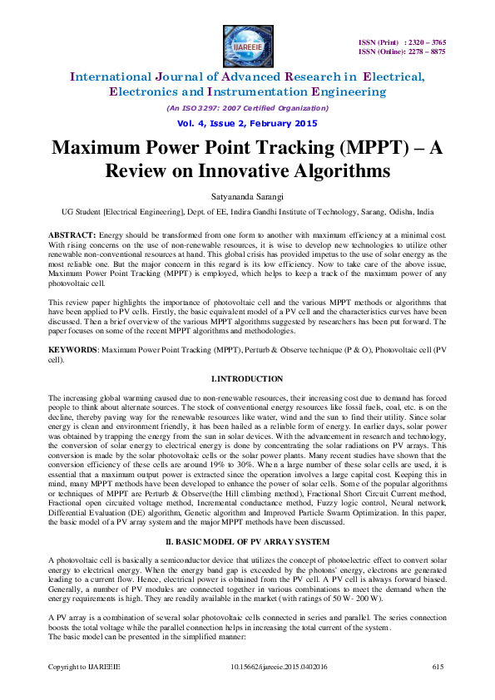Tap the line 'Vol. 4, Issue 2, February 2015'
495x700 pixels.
point(247,124)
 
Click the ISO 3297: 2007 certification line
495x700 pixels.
point(247,108)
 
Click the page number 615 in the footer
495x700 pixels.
point(438,668)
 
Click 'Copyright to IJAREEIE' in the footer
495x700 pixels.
point(83,668)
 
